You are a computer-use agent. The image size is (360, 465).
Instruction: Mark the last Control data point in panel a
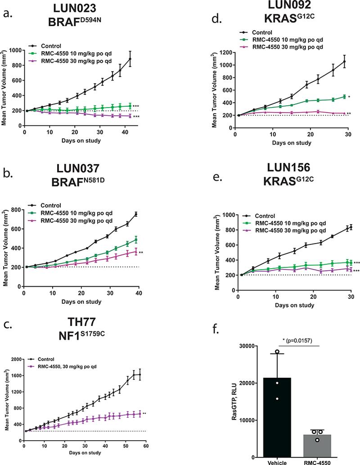[x=130, y=59]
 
